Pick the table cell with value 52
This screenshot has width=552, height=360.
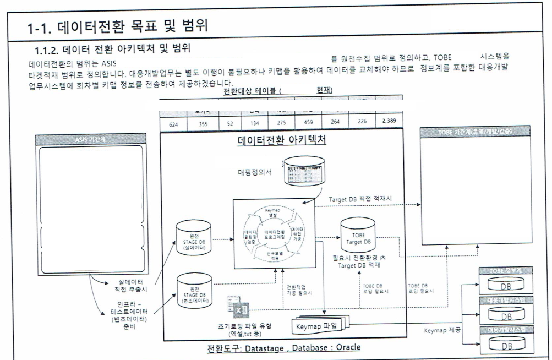231,124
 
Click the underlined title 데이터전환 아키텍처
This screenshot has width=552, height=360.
282,140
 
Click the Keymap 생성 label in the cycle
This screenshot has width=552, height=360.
273,210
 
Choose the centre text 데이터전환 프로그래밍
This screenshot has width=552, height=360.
274,233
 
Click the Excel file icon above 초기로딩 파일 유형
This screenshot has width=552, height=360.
235,310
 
